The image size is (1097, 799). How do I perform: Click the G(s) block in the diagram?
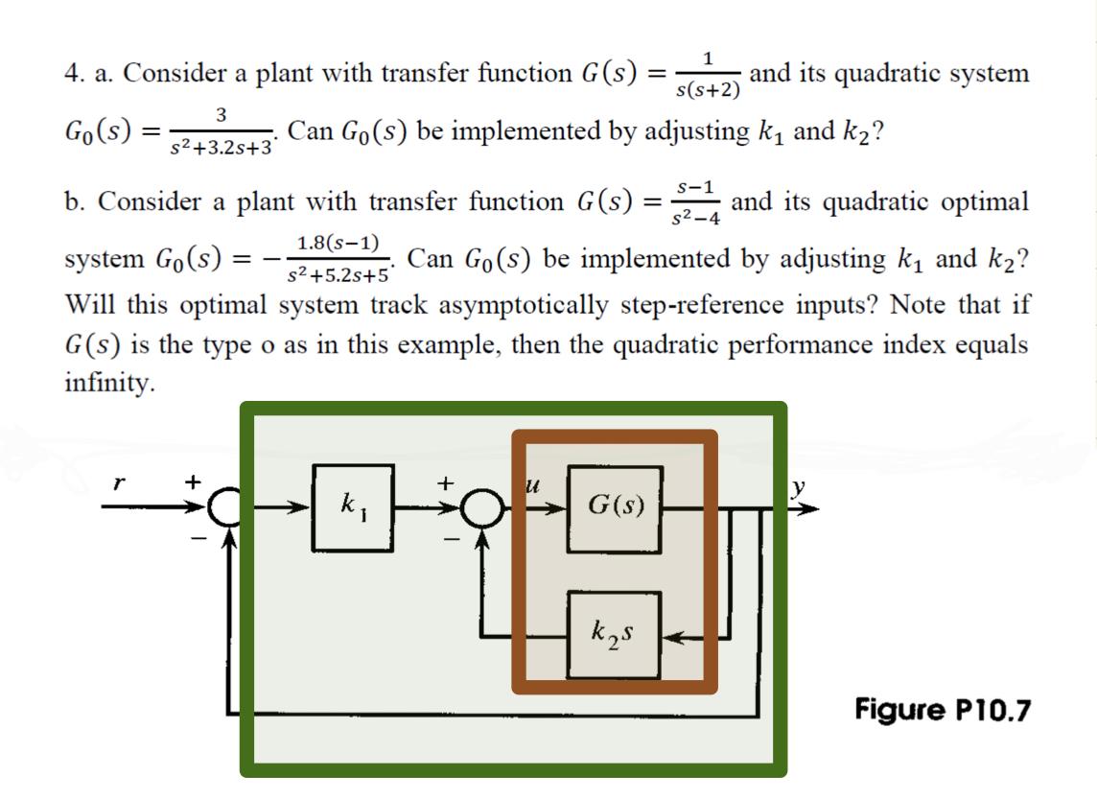coord(615,505)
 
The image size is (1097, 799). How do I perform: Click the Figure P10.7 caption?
coord(944,711)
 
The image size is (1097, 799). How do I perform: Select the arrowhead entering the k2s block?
coord(671,635)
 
